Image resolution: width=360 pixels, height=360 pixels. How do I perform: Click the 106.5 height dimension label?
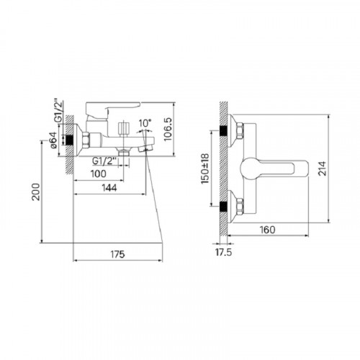point(168,129)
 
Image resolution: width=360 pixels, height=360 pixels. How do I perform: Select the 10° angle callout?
point(145,123)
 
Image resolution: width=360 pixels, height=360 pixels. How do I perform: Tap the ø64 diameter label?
point(53,140)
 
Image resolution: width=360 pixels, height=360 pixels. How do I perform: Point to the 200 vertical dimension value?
point(36,192)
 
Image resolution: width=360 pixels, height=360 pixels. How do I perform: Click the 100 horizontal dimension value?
point(99,174)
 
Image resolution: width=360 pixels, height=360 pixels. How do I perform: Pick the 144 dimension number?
point(109,188)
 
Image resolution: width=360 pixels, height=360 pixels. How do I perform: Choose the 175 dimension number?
point(117,254)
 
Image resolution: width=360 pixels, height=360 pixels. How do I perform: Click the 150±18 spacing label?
point(205,168)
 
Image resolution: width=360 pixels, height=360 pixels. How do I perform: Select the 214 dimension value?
point(323,168)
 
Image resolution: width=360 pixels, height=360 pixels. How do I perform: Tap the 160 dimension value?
point(267,230)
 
